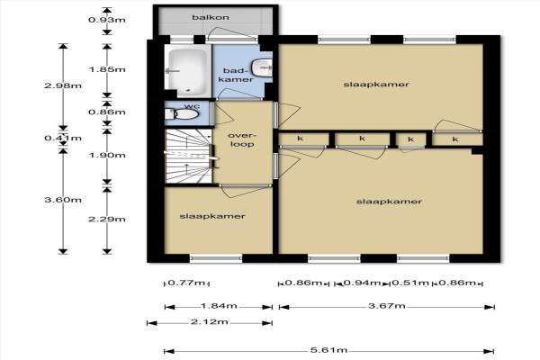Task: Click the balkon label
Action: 211,17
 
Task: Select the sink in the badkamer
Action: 262,67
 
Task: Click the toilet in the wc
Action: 182,113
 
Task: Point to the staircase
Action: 188,156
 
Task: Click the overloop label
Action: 242,139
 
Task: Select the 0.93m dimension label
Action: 107,20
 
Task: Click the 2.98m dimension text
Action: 63,85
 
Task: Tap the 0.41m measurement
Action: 63,138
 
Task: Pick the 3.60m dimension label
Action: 63,200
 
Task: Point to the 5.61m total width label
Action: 328,350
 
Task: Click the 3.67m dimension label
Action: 387,306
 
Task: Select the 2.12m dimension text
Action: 210,322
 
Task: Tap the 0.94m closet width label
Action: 363,283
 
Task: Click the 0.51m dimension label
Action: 410,283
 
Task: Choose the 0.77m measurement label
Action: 186,283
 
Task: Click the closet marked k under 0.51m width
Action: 411,139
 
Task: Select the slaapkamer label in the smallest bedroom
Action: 212,216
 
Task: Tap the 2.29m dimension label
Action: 107,219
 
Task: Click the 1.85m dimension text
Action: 107,69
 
